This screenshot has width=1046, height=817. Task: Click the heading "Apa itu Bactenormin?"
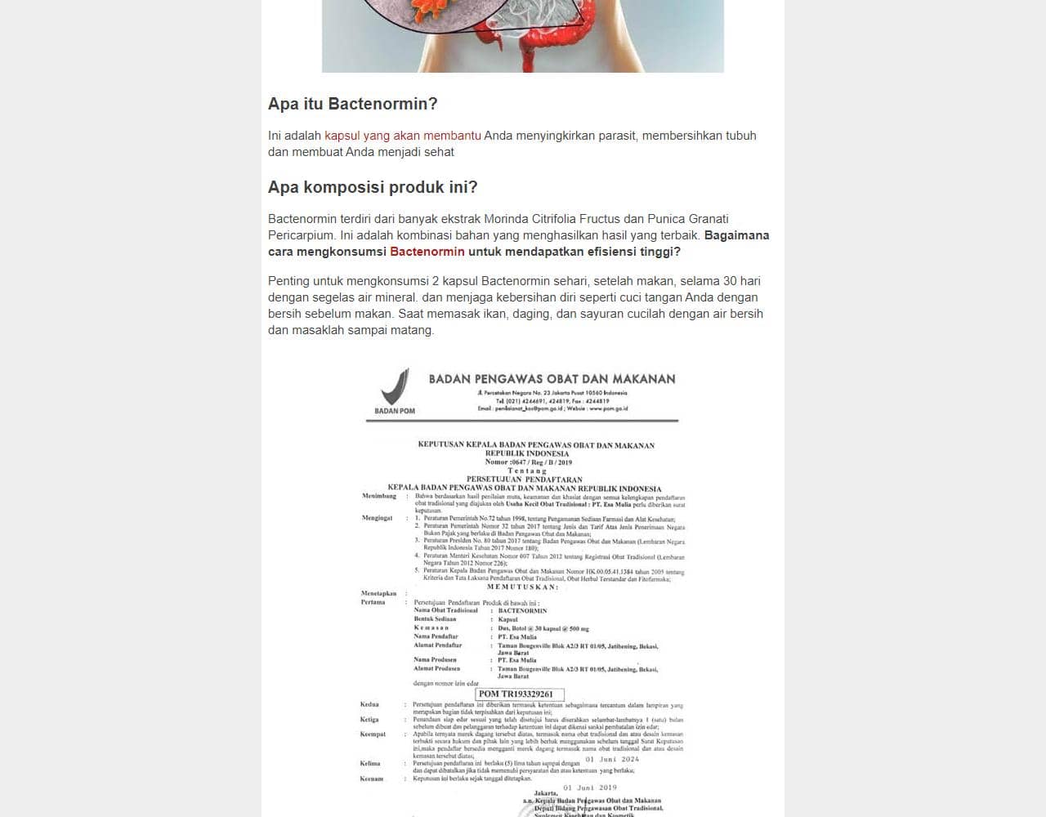(352, 104)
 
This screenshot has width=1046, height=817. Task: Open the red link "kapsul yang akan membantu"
(402, 136)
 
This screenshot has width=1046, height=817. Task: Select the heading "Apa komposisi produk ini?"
(373, 187)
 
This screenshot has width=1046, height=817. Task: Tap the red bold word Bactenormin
(427, 252)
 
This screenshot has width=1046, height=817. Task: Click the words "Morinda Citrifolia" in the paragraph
(530, 219)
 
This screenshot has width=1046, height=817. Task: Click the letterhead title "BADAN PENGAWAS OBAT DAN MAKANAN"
(552, 379)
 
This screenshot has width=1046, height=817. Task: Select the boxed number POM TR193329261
(516, 694)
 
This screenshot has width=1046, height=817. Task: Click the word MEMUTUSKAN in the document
(523, 587)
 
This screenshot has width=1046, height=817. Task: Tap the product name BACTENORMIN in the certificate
(522, 610)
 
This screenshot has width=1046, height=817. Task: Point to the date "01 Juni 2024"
(612, 759)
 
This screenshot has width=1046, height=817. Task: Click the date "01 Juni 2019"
(590, 788)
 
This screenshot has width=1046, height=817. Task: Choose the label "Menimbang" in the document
(379, 496)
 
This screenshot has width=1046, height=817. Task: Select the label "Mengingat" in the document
(377, 518)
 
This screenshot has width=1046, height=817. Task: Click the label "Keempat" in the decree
(373, 734)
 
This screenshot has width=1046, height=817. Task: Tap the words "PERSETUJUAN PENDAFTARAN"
(524, 480)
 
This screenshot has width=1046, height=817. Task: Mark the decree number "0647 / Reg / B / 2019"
(543, 462)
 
